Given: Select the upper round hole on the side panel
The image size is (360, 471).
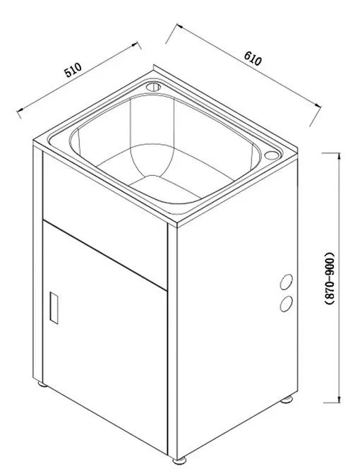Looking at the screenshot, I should coord(286,282).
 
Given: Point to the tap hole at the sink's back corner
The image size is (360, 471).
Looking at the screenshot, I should coord(153,88).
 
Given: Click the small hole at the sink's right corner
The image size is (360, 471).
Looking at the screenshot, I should coord(272,155).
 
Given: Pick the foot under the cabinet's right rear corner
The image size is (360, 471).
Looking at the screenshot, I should coord(289,400).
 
